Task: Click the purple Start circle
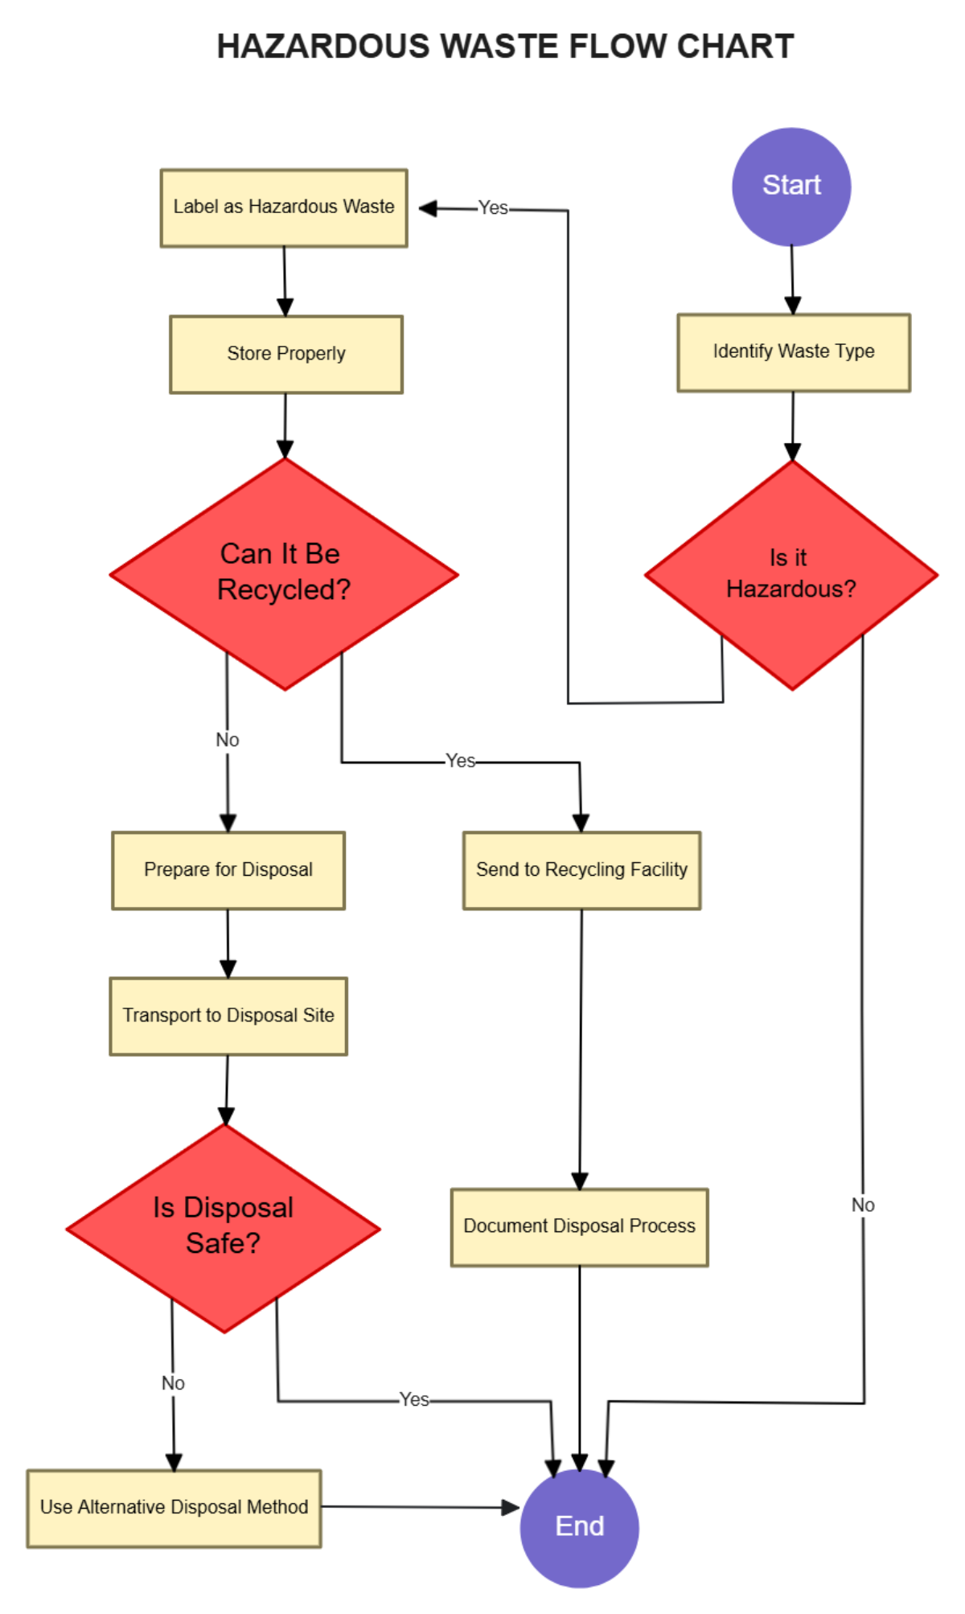click(791, 187)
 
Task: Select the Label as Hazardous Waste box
click(284, 207)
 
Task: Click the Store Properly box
click(286, 354)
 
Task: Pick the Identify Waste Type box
click(794, 352)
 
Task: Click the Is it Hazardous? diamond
click(791, 574)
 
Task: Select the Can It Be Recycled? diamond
click(284, 573)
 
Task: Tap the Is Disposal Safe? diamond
click(223, 1227)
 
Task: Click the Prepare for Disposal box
click(228, 870)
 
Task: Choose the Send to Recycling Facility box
click(581, 870)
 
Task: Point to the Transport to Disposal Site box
click(228, 1016)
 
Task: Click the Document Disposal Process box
click(579, 1226)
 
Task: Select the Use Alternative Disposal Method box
click(174, 1508)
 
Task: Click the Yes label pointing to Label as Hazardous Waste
click(493, 208)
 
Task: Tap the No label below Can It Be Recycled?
click(228, 740)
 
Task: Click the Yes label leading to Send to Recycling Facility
click(461, 761)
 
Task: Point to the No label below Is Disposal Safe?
click(173, 1383)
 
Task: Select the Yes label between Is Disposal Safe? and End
click(414, 1399)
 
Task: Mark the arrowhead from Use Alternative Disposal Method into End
click(511, 1507)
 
